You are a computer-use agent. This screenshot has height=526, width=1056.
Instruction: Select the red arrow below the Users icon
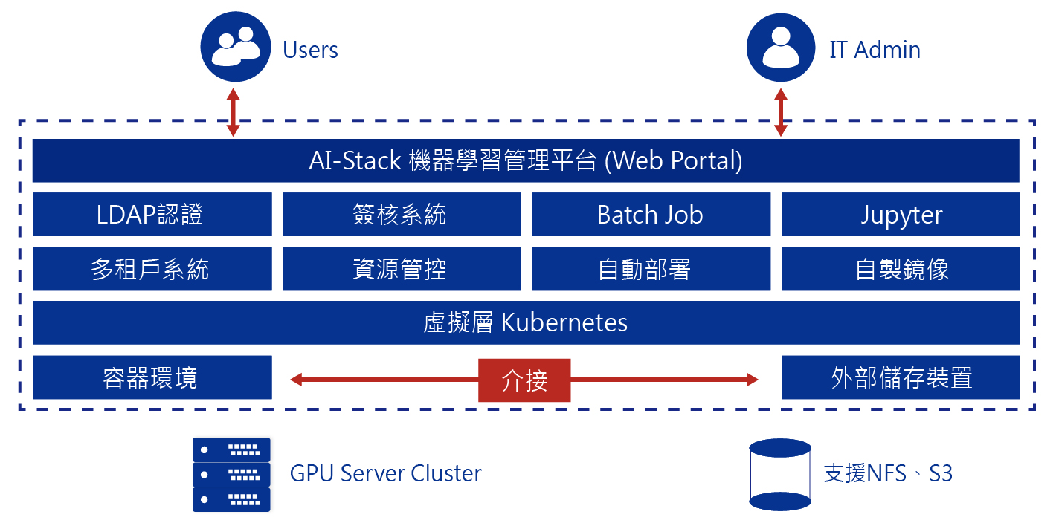[234, 112]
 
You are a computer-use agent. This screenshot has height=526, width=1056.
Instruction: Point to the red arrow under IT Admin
[781, 112]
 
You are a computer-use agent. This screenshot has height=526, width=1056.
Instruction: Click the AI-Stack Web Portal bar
[526, 160]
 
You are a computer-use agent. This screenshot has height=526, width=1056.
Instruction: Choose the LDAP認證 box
[152, 215]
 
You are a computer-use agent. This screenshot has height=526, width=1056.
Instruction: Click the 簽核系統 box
[402, 215]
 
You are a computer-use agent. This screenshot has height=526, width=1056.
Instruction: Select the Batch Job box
[651, 215]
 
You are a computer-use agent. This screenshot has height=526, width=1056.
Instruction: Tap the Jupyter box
[901, 215]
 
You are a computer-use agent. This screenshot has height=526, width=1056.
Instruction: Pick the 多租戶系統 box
[152, 269]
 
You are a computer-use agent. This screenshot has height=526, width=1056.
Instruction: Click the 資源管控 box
[402, 269]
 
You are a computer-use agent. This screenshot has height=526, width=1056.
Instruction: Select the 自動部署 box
[651, 269]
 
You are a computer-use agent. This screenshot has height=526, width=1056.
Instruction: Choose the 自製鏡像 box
[901, 269]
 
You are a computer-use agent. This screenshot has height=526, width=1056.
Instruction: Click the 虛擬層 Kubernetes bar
[526, 323]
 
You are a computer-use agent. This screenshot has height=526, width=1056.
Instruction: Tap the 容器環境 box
[152, 377]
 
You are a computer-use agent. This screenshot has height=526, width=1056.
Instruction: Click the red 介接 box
[524, 380]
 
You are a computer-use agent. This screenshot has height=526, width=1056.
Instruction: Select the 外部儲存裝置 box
[901, 377]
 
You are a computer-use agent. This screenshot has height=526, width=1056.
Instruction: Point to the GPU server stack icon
[231, 474]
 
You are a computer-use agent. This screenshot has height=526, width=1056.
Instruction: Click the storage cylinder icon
[779, 475]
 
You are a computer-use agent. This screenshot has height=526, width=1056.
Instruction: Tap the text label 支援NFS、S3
[888, 474]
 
